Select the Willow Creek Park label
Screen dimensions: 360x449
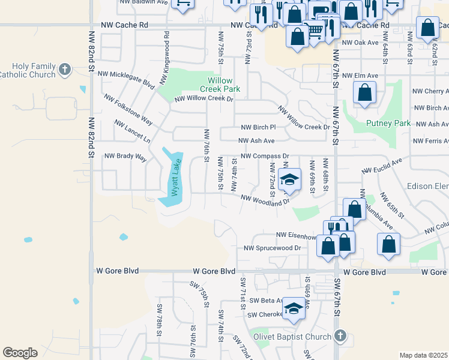point(224,85)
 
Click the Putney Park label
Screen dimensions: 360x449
point(388,124)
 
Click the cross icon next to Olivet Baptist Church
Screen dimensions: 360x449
point(340,337)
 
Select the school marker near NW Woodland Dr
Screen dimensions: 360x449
point(289,181)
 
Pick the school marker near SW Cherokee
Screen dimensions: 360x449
point(294,308)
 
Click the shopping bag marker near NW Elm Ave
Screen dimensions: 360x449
point(365,93)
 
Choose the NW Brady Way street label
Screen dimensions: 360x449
point(125,156)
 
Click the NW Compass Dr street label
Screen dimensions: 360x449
point(265,156)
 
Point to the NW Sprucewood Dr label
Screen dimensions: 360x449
point(272,248)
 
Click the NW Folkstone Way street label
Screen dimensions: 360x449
point(128,110)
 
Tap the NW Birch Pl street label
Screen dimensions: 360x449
point(258,127)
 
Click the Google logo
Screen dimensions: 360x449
point(20,353)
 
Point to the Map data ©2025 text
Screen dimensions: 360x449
point(423,355)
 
